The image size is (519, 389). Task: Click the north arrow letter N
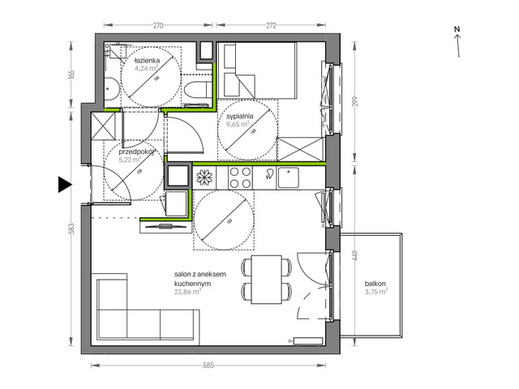[x=457, y=30]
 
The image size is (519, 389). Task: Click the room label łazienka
[x=147, y=60]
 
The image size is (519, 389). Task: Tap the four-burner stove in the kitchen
[x=240, y=176]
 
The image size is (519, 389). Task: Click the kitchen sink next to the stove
[x=287, y=175]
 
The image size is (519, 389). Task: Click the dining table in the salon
[x=265, y=278]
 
